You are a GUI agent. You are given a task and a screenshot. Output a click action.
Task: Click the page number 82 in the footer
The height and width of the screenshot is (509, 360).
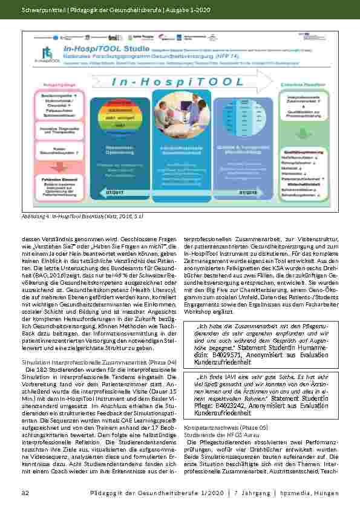coord(26,494)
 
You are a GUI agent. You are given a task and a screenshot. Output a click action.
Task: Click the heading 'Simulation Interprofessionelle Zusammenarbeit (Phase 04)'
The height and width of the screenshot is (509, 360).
coord(99,361)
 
